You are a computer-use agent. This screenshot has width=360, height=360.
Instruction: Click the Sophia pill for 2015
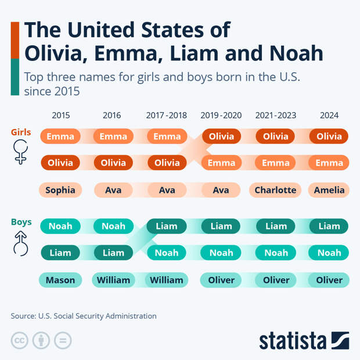click(60, 190)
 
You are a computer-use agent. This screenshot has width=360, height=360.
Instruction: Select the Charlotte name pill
click(275, 190)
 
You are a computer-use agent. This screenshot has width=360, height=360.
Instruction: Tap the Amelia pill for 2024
click(329, 190)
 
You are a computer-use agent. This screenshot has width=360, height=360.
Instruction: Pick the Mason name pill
click(60, 280)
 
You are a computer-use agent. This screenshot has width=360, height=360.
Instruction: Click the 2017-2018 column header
click(167, 116)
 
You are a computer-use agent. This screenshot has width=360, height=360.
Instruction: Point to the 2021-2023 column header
click(275, 116)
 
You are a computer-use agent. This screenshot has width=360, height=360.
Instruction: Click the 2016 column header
click(111, 116)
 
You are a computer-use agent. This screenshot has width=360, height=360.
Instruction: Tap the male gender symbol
click(21, 243)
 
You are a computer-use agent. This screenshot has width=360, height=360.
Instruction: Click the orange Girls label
click(21, 132)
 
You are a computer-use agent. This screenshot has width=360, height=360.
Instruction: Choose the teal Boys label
click(21, 222)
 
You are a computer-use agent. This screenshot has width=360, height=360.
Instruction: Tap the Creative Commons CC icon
click(20, 340)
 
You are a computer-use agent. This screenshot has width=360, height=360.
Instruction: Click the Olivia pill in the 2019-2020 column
click(221, 136)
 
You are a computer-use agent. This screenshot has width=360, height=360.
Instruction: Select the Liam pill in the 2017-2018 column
click(167, 226)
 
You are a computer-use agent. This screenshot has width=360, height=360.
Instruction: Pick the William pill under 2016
click(113, 280)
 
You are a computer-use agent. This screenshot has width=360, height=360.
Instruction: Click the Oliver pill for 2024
click(329, 280)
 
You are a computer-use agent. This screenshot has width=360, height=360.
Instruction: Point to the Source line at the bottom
click(84, 316)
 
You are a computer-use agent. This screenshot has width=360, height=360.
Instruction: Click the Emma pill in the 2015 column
click(60, 136)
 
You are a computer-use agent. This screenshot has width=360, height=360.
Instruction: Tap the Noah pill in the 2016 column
click(113, 226)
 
